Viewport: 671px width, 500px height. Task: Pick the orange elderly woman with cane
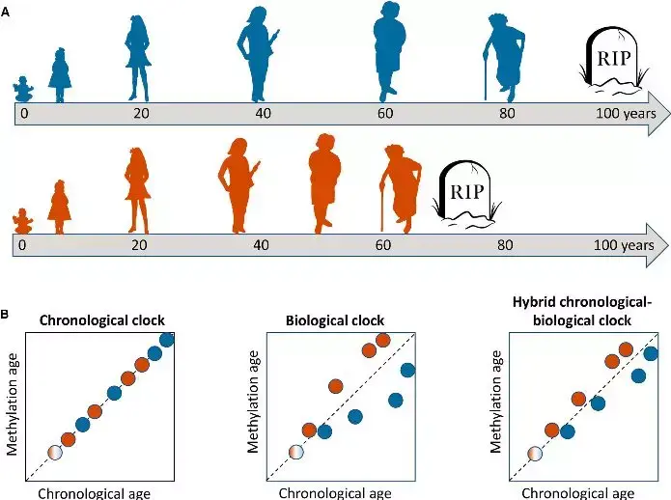tap(399, 187)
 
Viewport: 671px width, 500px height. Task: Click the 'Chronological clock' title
tap(99, 320)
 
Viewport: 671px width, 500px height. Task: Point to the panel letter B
tap(7, 314)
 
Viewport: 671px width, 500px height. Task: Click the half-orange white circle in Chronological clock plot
tap(54, 453)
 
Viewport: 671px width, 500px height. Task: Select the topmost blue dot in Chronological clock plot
tap(166, 339)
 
